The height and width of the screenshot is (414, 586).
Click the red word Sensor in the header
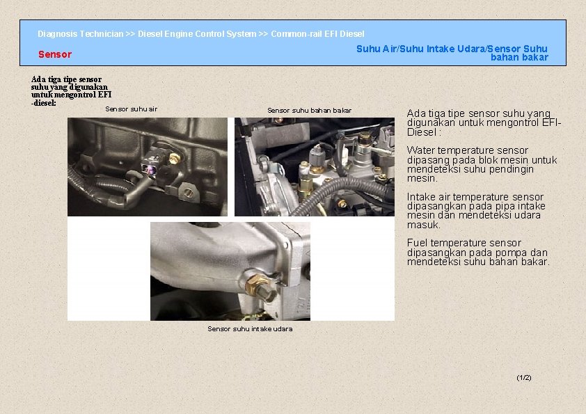pos(54,54)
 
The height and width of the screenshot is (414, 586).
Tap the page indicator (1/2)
pos(523,378)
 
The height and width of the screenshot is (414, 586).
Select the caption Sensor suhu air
pos(131,109)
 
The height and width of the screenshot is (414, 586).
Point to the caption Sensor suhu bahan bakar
pos(310,110)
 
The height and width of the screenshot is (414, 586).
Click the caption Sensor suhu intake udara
pos(250,329)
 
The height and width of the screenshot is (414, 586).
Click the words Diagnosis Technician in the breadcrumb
pos(80,34)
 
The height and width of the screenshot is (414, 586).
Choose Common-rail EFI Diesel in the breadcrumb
pos(317,34)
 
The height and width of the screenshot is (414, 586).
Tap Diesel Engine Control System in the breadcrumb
pos(197,34)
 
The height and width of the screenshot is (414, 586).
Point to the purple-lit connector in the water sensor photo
pos(150,169)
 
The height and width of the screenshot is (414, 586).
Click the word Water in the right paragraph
pos(421,150)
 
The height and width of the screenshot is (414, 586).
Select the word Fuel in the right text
pos(417,243)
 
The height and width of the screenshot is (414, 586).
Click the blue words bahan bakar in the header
pos(519,58)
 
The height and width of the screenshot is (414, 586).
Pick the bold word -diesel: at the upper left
pos(44,103)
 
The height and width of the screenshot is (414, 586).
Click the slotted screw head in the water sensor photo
pos(189,193)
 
